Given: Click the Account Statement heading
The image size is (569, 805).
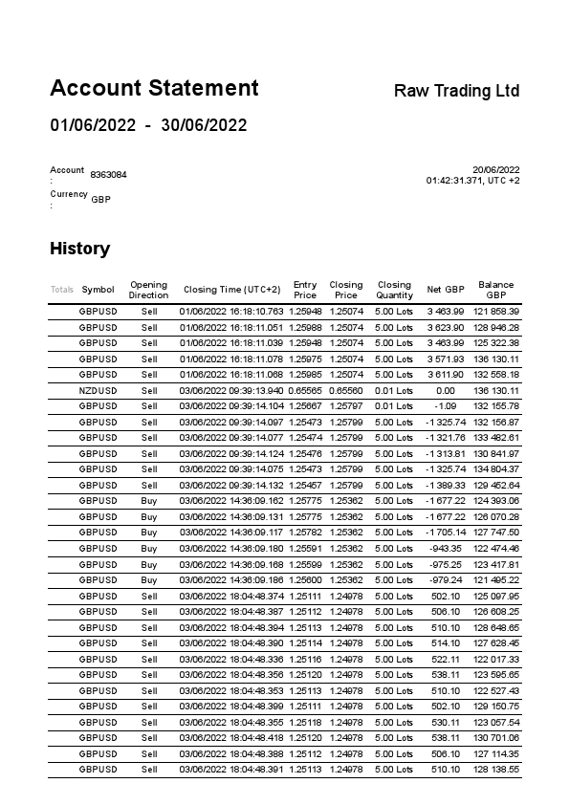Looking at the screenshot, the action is point(154,89).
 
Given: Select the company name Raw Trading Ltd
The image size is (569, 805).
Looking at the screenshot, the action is point(456,91).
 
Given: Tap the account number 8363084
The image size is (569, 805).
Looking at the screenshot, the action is point(108,175).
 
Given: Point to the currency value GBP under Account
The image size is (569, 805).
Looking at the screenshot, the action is point(100,199).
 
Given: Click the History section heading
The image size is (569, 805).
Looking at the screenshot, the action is point(79,249).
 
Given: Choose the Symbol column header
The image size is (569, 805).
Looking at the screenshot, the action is point(98,290).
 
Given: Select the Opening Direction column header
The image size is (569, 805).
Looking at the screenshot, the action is point(148,290).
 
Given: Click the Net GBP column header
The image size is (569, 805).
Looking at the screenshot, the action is point(445,290).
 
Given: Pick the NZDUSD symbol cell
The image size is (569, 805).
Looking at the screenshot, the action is point(98,390).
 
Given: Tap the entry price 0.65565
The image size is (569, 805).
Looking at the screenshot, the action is point(305,390).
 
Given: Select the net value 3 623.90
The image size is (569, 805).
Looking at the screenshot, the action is point(445,327).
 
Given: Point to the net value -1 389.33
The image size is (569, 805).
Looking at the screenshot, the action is point(445,485).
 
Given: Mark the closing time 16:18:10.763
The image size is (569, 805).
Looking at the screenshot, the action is point(231,312).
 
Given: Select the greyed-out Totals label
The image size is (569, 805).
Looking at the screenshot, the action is point(61,290).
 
